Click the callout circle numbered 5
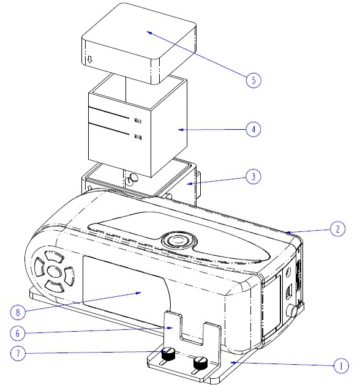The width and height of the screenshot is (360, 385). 253,80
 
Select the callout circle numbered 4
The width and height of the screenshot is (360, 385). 253,129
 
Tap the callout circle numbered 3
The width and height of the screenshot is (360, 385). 253,176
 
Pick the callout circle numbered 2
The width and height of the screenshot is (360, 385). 338,229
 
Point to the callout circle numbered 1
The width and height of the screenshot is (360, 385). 341,365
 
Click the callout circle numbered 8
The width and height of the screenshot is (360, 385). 18,312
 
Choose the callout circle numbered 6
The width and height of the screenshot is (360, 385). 17,333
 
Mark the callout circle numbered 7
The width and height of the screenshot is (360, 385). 18,353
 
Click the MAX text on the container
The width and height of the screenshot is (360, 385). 138,121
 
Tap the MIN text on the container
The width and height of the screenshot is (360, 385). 138,136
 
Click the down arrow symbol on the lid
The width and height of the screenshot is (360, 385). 90,59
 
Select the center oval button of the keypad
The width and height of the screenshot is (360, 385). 54,271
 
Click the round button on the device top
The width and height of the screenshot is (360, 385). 179,240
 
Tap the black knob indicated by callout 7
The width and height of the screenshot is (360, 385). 168,354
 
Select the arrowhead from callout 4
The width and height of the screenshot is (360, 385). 181,130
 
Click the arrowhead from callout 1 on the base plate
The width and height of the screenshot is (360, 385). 233,362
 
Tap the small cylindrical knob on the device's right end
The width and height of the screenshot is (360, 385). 293,312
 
